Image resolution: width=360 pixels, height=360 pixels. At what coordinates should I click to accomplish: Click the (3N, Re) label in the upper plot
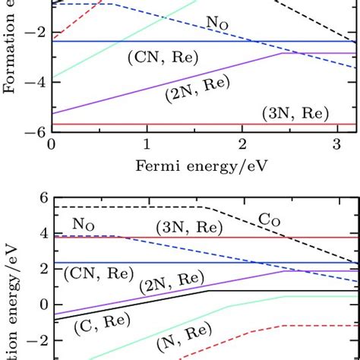[295, 114]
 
